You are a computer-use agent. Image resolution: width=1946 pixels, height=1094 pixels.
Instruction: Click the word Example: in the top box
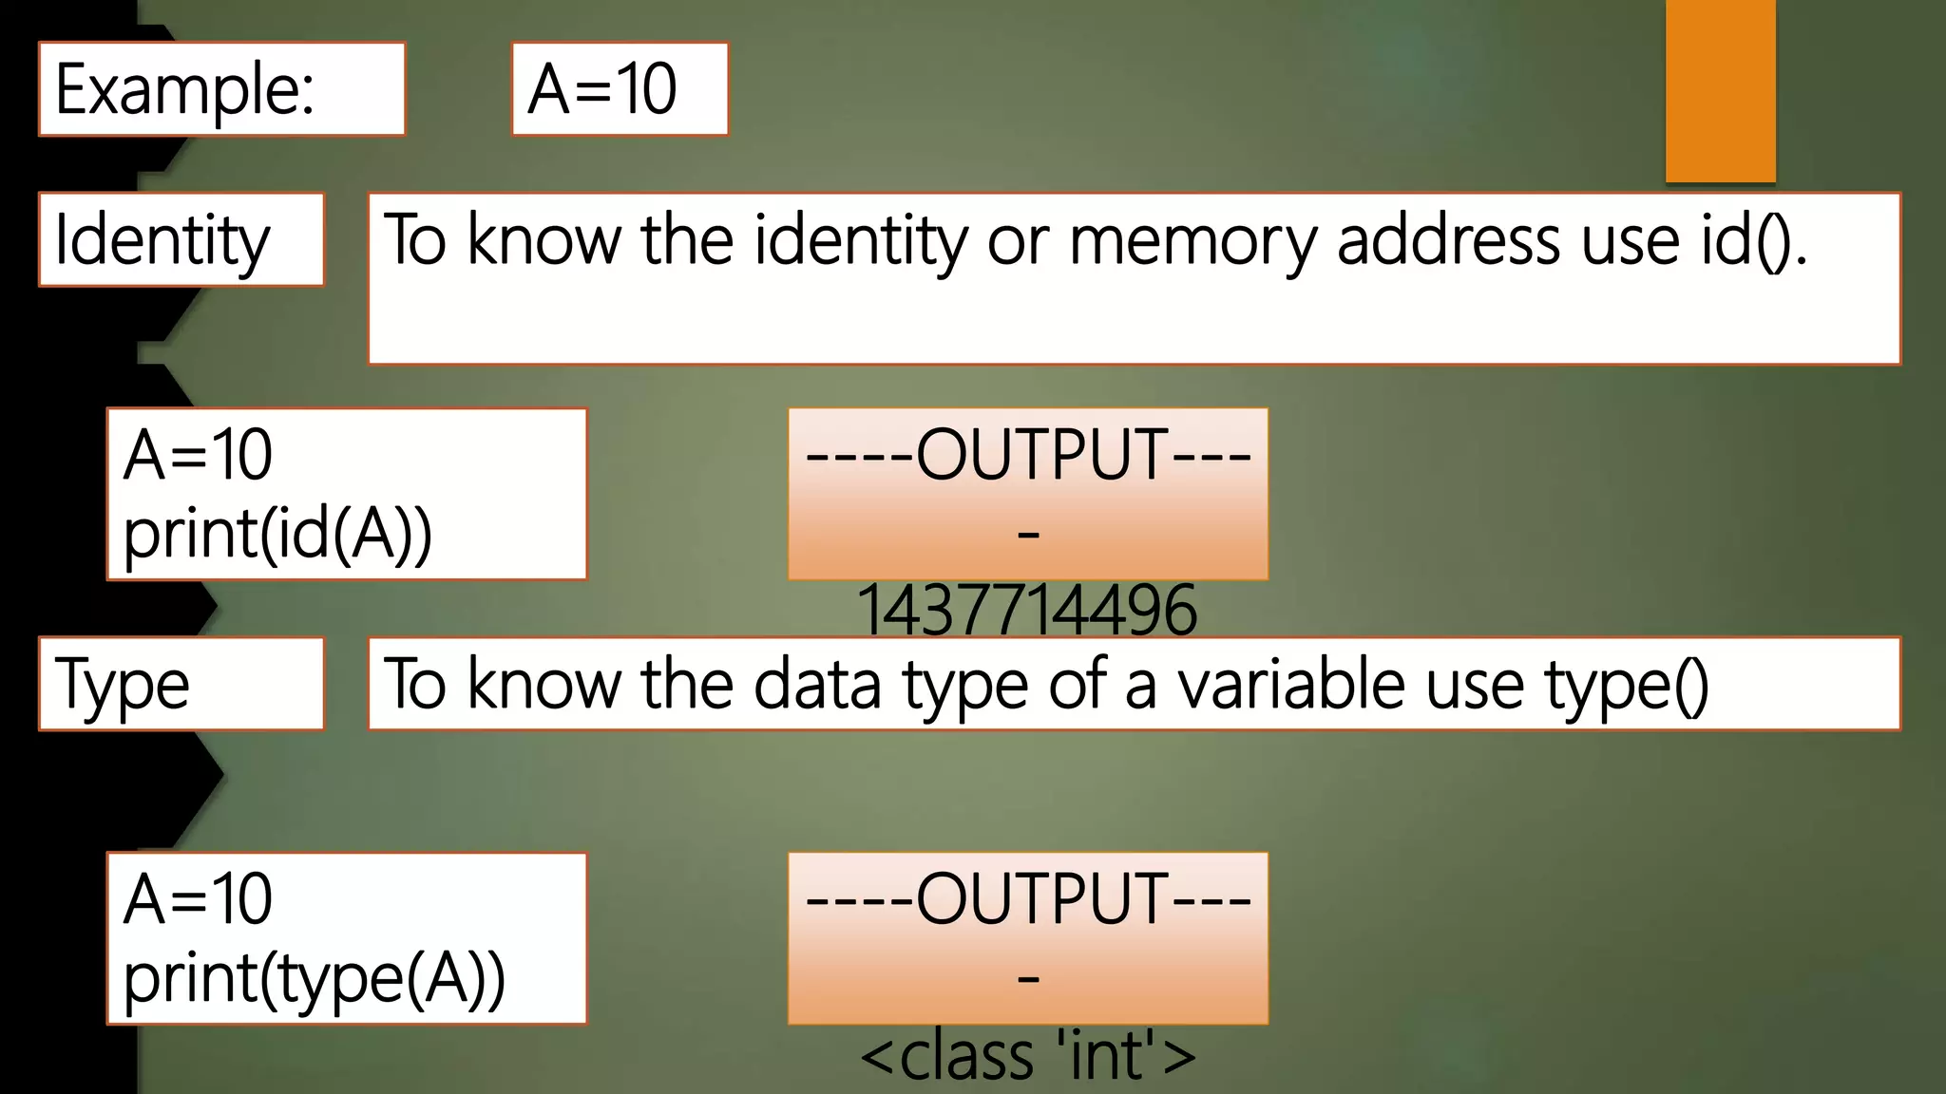pyautogui.click(x=185, y=89)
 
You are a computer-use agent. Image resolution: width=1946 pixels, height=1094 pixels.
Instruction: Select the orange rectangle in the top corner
pyautogui.click(x=1720, y=90)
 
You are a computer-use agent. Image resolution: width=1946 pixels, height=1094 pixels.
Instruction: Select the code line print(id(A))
pyautogui.click(x=277, y=534)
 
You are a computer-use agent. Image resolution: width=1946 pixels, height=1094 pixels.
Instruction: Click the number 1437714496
pyautogui.click(x=1026, y=609)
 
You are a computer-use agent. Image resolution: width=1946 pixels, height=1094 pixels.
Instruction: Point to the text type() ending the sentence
pyautogui.click(x=1627, y=684)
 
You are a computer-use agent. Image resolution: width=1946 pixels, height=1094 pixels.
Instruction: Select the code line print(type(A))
pyautogui.click(x=314, y=978)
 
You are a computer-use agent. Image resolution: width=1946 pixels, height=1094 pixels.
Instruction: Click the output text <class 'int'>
pyautogui.click(x=1027, y=1055)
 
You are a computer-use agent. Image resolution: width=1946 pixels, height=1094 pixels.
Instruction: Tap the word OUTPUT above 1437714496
pyautogui.click(x=1041, y=455)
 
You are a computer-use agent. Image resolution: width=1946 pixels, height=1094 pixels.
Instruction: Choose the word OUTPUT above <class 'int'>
pyautogui.click(x=1041, y=898)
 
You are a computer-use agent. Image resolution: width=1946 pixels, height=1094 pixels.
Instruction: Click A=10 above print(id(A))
pyautogui.click(x=198, y=455)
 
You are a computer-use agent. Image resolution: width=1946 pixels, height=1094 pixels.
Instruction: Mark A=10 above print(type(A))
pyautogui.click(x=198, y=898)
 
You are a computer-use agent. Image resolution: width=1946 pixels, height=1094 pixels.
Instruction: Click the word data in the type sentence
pyautogui.click(x=817, y=684)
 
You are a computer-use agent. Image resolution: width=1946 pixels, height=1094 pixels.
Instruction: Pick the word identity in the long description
pyautogui.click(x=860, y=239)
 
